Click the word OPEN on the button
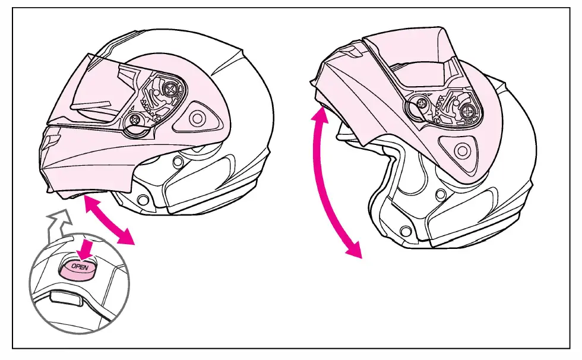click(79, 267)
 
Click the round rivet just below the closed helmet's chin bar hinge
click(176, 162)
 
